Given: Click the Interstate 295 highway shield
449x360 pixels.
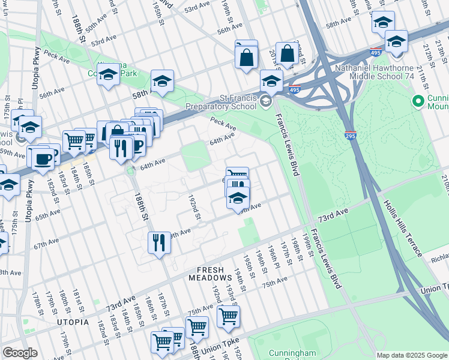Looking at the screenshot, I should point(351,136).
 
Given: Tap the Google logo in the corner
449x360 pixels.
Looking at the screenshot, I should point(20,353).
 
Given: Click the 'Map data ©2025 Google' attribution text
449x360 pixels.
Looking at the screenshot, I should point(411,355).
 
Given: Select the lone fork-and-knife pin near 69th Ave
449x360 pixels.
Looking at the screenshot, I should point(158,242).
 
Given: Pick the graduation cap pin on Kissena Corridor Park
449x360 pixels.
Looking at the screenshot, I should point(108,75).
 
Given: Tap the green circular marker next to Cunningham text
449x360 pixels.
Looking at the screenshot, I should point(418,100).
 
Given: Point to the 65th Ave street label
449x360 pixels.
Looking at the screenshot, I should point(47,214).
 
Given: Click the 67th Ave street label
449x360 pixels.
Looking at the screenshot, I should point(48,246).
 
